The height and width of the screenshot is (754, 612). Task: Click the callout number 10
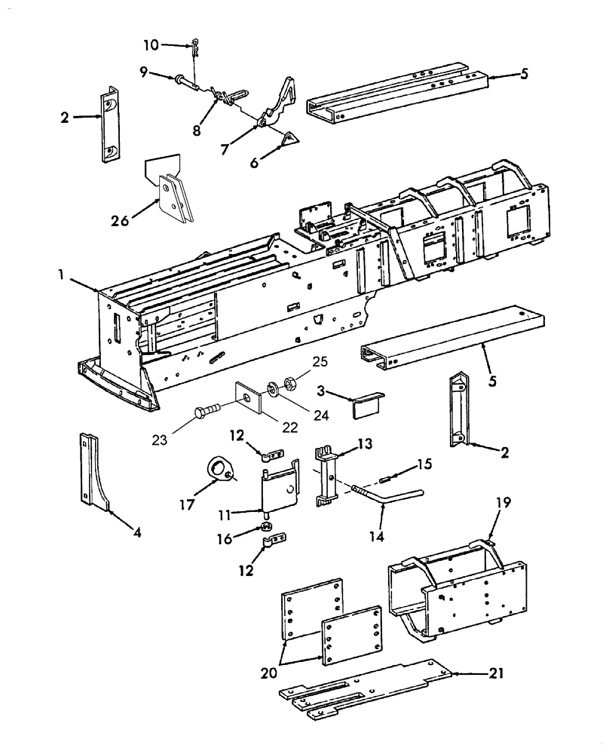pos(151,45)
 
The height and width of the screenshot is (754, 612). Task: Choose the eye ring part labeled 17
pos(220,472)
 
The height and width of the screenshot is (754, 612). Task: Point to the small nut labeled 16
pos(267,526)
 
